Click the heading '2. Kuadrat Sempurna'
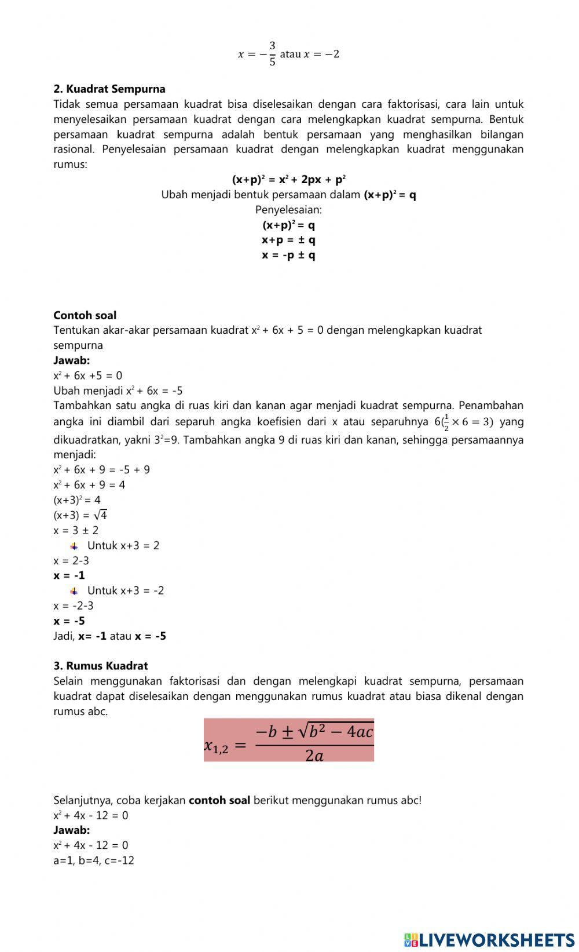[109, 89]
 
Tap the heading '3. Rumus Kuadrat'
[101, 666]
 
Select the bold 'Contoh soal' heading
[85, 315]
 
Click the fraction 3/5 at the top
[272, 54]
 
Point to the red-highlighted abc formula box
[288, 740]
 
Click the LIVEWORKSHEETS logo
[489, 939]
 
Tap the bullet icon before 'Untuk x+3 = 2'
[74, 546]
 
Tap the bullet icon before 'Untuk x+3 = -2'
[74, 591]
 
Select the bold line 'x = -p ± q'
[288, 255]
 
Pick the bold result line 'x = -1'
[69, 575]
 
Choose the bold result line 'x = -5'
[69, 621]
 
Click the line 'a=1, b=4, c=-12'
[94, 860]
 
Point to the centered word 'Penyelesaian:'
[288, 210]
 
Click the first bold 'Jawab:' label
[71, 360]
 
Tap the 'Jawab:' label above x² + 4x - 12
[71, 830]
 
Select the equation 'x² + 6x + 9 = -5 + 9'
[101, 470]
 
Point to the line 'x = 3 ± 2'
[76, 530]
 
